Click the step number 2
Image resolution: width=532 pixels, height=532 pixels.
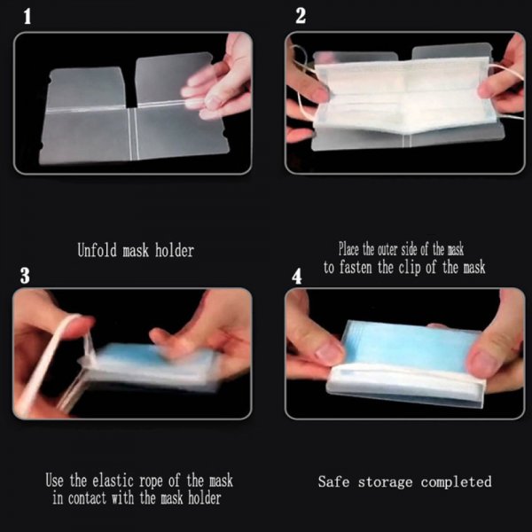click(x=301, y=15)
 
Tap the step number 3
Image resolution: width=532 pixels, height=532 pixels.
click(x=25, y=276)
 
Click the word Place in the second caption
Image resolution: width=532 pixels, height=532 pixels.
click(x=353, y=249)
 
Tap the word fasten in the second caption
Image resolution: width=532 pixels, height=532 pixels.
click(x=364, y=267)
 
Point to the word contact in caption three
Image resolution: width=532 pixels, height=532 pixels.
click(x=90, y=498)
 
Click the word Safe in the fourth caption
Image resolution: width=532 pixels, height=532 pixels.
click(x=335, y=482)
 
